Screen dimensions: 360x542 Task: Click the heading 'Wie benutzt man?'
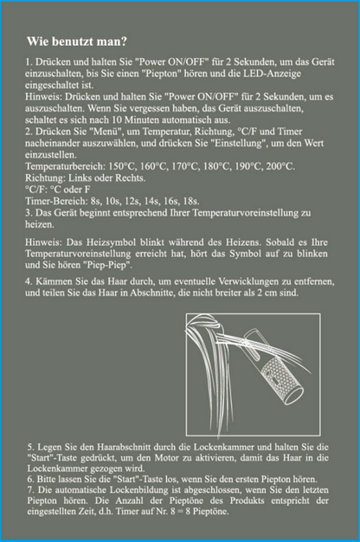pyautogui.click(x=77, y=42)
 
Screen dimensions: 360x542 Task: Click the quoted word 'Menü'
pyautogui.click(x=112, y=132)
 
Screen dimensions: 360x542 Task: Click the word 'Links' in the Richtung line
pyautogui.click(x=80, y=178)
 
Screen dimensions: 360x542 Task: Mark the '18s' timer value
pyautogui.click(x=191, y=201)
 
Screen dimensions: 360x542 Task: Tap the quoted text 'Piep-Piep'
pyautogui.click(x=112, y=265)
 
